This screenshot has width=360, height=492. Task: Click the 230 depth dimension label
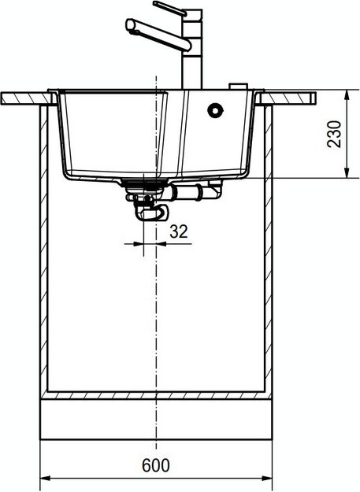point(334,134)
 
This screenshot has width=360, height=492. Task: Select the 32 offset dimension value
point(179,231)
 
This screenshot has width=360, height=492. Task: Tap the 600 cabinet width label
point(156,465)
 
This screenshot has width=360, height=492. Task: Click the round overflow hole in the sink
point(215,110)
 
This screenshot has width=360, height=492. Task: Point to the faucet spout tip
point(130,25)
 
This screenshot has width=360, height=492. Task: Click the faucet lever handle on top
point(170,9)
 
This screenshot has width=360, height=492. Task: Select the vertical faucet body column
point(192,50)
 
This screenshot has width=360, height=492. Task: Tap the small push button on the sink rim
point(238,87)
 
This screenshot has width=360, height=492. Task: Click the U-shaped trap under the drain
point(151,211)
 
